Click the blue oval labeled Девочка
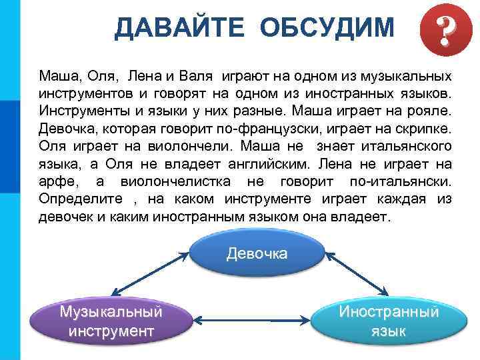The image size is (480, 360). [257, 253]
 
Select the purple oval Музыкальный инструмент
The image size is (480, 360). [111, 321]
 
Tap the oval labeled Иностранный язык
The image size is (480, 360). [389, 321]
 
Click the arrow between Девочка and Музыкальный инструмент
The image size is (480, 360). [151, 272]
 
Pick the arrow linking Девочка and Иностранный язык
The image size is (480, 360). [354, 272]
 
